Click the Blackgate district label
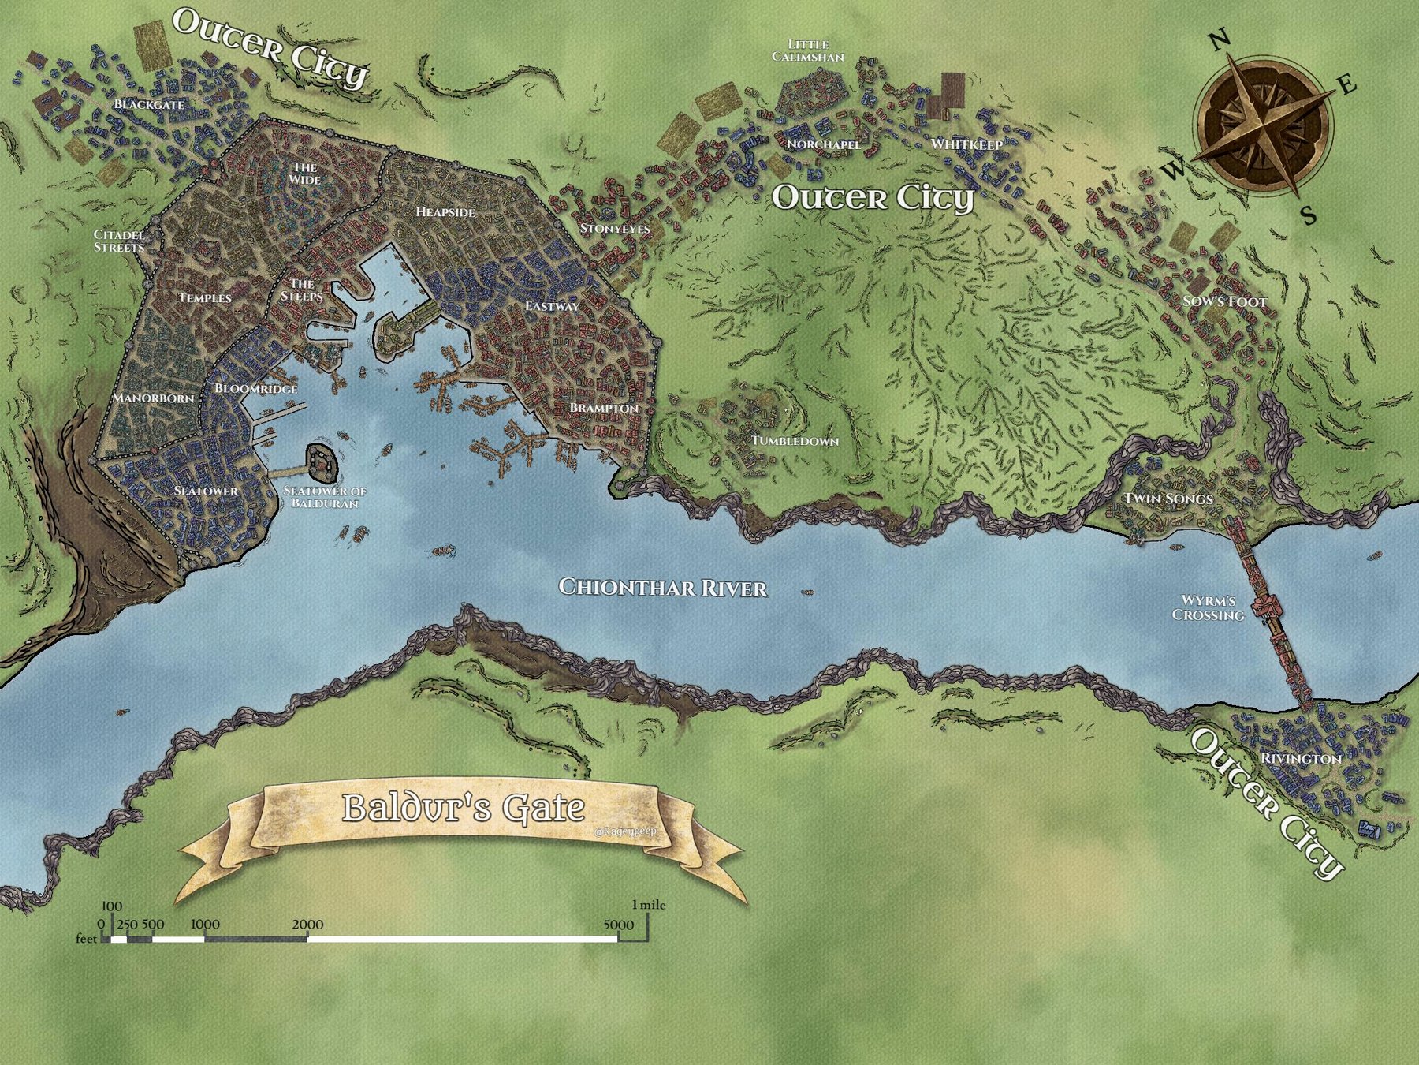tap(149, 104)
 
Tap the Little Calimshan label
tap(808, 51)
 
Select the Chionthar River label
tap(663, 588)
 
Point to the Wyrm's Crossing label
tap(1208, 608)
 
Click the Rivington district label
tap(1301, 759)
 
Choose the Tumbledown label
tap(795, 441)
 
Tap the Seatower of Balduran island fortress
tap(321, 462)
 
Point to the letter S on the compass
tap(1309, 215)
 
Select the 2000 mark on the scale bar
tap(307, 925)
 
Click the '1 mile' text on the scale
tap(648, 905)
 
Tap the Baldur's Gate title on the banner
tap(464, 808)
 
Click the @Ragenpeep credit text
tap(627, 831)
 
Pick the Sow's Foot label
tap(1224, 301)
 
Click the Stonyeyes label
tap(615, 229)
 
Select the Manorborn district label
tap(153, 398)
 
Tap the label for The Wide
tap(304, 174)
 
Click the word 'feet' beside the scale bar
tap(86, 939)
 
